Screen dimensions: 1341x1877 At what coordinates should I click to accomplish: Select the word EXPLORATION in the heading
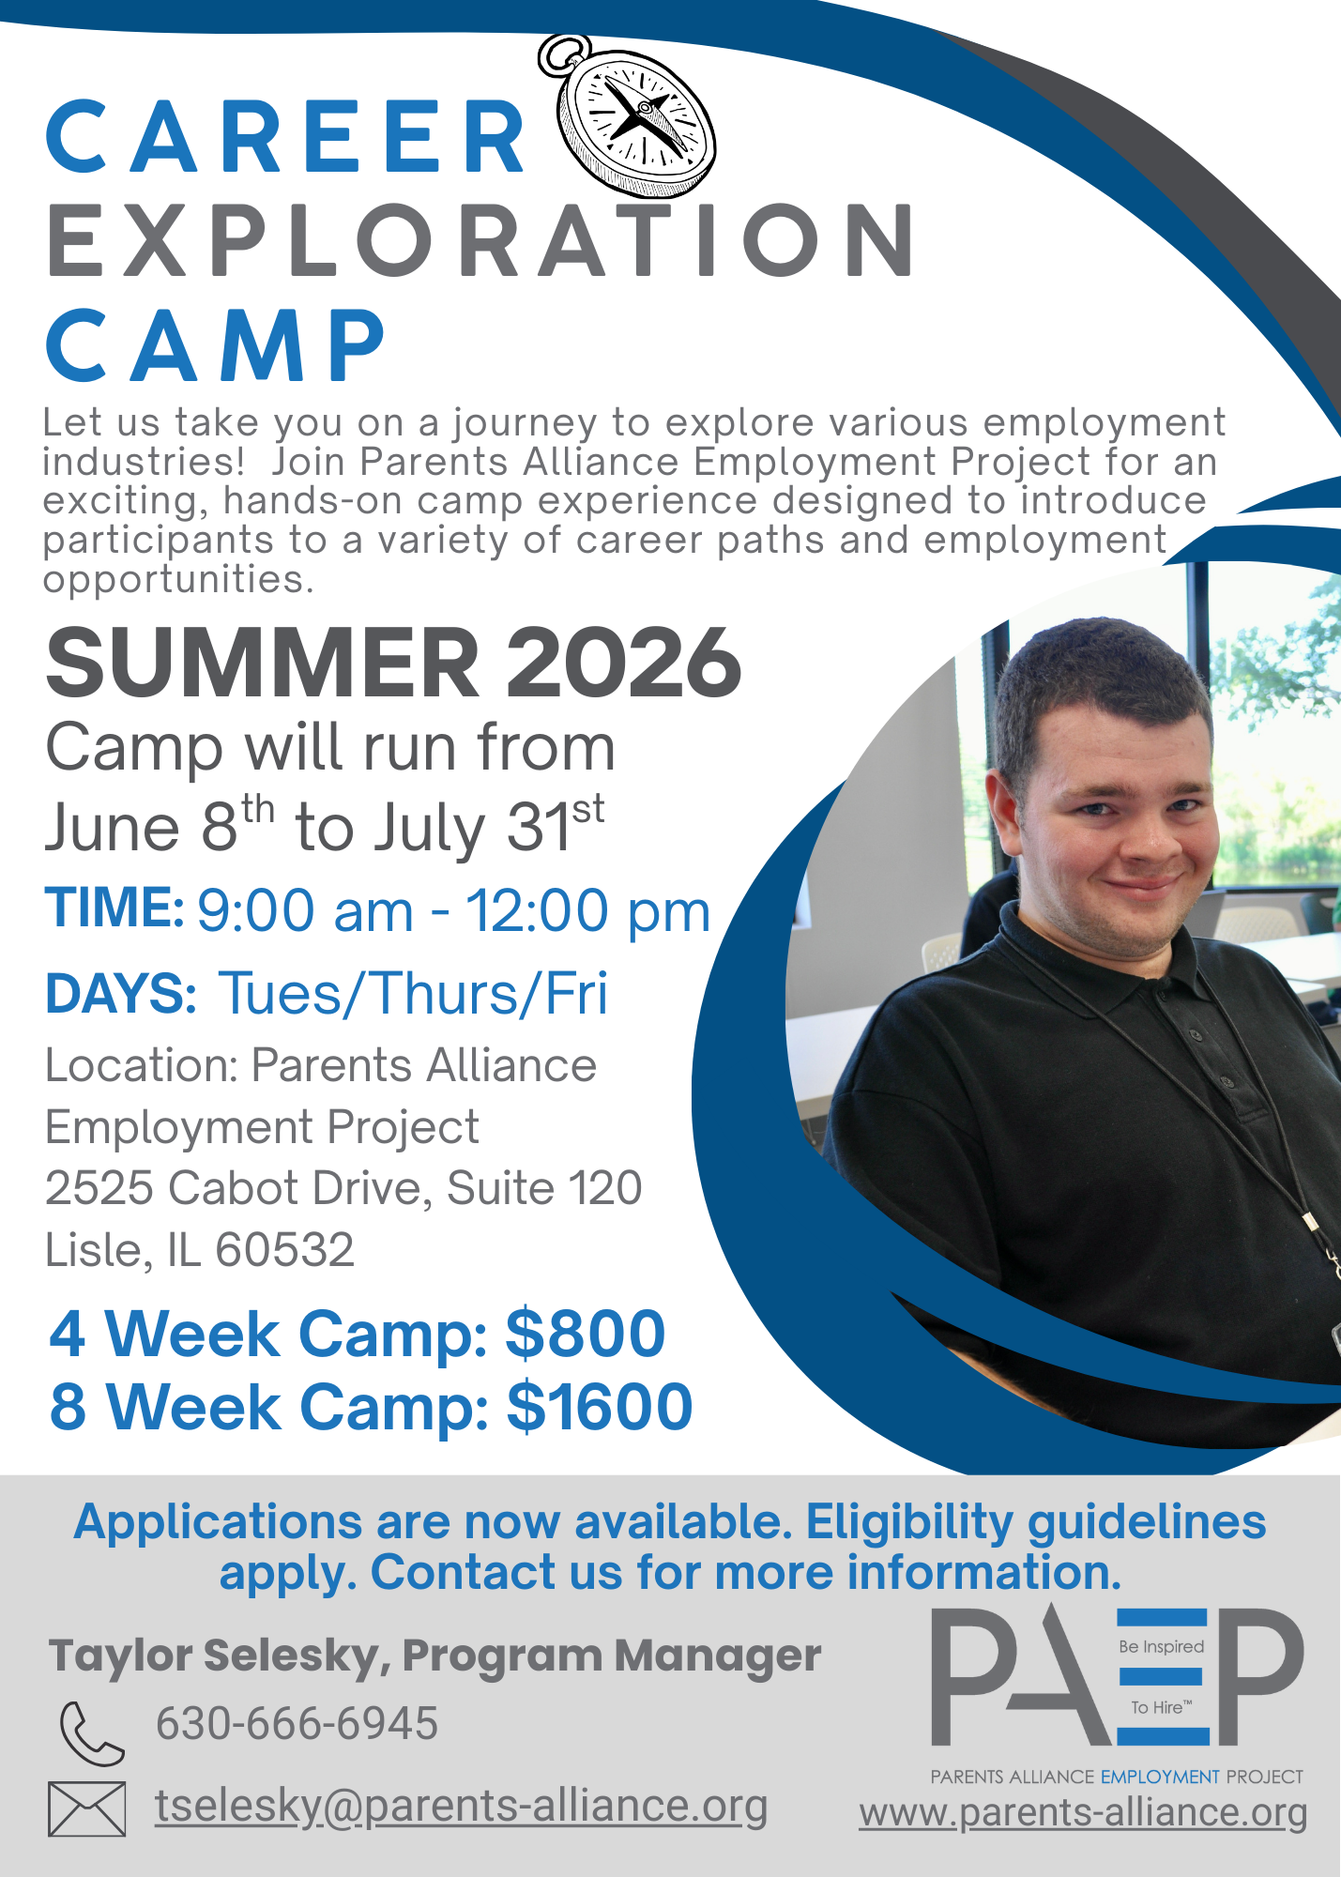point(480,240)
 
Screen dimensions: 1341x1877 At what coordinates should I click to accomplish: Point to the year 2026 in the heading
point(624,663)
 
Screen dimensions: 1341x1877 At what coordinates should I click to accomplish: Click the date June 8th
point(160,824)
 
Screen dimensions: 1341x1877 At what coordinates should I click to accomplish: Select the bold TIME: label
point(114,908)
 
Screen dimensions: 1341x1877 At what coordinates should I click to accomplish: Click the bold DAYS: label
point(121,993)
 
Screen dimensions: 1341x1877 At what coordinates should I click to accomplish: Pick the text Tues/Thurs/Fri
point(413,993)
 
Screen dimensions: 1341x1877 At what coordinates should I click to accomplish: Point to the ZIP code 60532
point(284,1249)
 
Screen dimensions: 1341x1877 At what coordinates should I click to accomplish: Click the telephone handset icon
point(91,1732)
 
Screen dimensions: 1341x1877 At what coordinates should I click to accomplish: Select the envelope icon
point(86,1808)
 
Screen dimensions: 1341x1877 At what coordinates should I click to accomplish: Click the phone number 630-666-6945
point(297,1723)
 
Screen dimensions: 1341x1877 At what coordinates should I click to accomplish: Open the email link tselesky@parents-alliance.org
point(461,1807)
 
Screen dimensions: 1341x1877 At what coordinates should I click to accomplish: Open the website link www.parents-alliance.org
point(1083,1812)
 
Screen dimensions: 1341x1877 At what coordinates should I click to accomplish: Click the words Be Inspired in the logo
point(1161,1646)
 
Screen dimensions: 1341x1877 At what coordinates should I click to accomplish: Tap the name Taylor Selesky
point(214,1656)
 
